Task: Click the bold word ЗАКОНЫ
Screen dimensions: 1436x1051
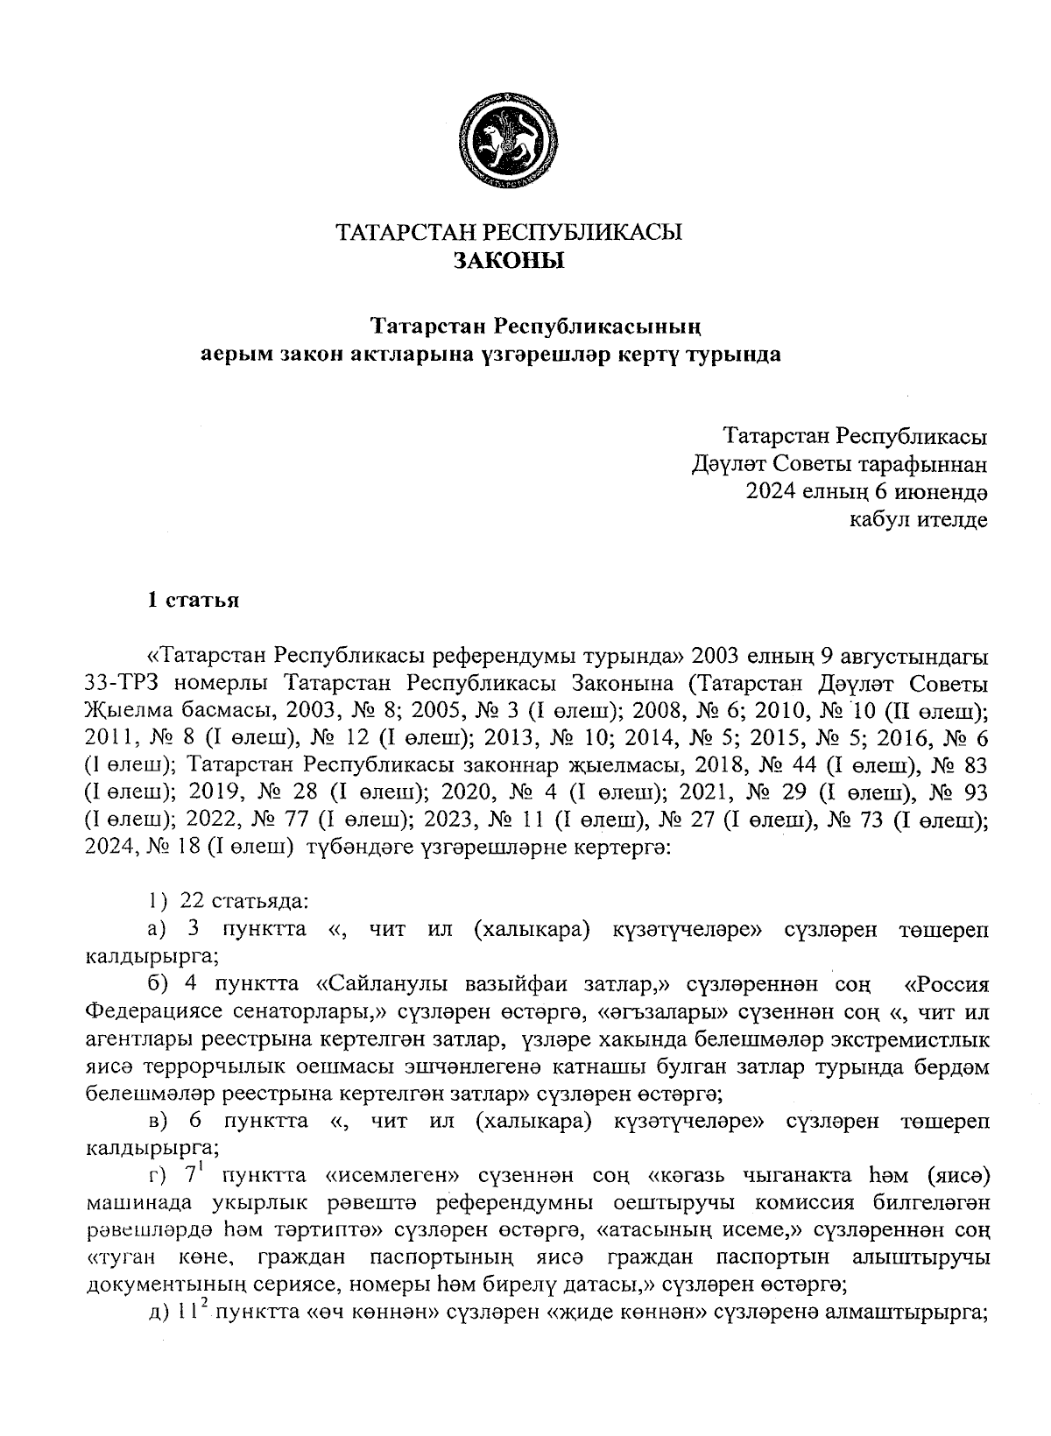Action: pos(509,260)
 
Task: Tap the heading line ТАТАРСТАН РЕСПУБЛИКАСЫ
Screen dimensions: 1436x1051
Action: pos(509,233)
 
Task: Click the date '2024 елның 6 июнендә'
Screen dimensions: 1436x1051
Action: pos(866,491)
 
